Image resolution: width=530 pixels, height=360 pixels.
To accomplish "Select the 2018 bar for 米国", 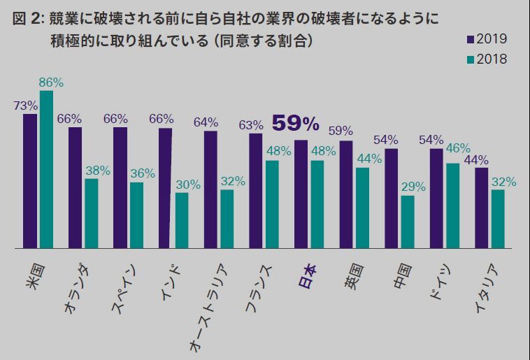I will [x=46, y=169].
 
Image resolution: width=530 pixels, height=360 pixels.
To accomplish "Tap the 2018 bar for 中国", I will [x=408, y=222].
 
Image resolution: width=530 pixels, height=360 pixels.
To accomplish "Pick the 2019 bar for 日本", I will [x=301, y=194].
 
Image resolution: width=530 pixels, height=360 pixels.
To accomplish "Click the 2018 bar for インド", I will [x=182, y=220].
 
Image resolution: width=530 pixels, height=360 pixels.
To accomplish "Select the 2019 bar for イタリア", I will [x=482, y=208].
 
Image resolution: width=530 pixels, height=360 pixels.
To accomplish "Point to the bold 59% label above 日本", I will [x=295, y=124].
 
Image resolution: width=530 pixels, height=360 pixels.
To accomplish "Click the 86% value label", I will [x=51, y=82].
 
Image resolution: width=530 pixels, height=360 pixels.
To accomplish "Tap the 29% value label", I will [x=413, y=187].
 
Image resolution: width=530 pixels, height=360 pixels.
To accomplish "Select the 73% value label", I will [x=25, y=106].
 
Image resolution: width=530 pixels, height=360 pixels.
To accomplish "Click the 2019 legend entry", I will [x=485, y=38].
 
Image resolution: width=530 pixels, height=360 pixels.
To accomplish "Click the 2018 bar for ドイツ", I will [x=453, y=206].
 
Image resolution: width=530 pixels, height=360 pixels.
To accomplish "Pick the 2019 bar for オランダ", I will [x=75, y=187].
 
